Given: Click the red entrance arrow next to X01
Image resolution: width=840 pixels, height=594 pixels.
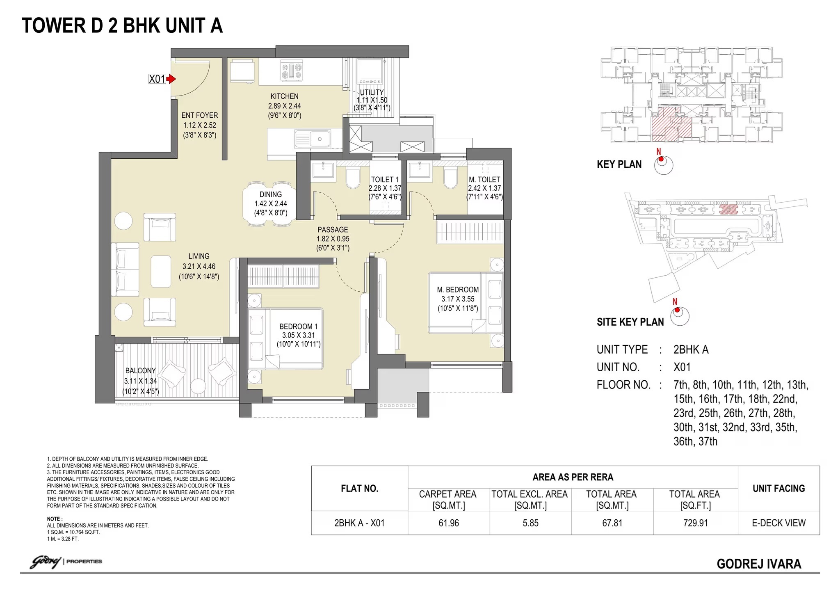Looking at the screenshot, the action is tap(171, 79).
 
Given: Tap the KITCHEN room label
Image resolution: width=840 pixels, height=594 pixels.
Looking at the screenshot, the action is tap(284, 96).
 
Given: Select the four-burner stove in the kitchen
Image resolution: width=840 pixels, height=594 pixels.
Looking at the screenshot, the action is tap(292, 71).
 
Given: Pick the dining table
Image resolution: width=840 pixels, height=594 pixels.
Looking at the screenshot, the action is tap(270, 204).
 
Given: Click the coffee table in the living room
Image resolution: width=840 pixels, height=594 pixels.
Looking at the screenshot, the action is tap(161, 272).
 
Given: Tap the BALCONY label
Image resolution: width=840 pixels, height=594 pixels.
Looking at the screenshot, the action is tap(141, 371).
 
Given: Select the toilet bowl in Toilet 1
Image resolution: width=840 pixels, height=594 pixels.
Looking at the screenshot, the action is tap(353, 178).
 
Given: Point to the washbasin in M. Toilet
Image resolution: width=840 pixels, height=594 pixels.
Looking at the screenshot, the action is tap(420, 171).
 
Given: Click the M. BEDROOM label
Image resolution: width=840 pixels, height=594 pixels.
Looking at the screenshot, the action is tap(458, 290).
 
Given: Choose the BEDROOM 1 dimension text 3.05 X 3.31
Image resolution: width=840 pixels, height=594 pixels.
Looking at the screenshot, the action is tap(299, 336).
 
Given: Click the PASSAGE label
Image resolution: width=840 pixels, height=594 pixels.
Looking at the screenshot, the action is tap(333, 230).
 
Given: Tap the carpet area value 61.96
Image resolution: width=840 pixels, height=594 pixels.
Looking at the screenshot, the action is tap(449, 523).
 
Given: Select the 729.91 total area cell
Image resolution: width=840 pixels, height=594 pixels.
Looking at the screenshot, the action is tap(696, 523).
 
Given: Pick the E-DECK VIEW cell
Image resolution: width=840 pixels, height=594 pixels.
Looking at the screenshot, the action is tap(778, 523).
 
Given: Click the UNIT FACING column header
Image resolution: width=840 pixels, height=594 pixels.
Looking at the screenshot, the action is tap(778, 489).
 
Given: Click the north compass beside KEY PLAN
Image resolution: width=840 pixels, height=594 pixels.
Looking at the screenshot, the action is tap(663, 165).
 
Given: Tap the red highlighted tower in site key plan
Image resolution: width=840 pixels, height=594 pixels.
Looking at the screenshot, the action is tap(728, 210).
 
